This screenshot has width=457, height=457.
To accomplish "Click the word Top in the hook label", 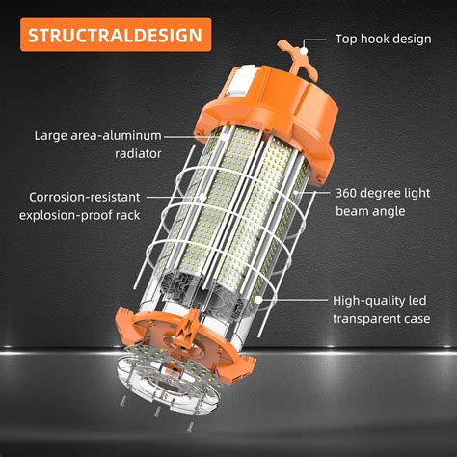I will tap(348, 40).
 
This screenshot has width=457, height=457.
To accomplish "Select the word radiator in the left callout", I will tap(136, 152).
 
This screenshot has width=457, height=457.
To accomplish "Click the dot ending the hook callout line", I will tap(306, 44).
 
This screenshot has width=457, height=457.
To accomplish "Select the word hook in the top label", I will tap(385, 40).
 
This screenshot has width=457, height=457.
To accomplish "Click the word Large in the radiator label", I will tap(52, 135).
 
